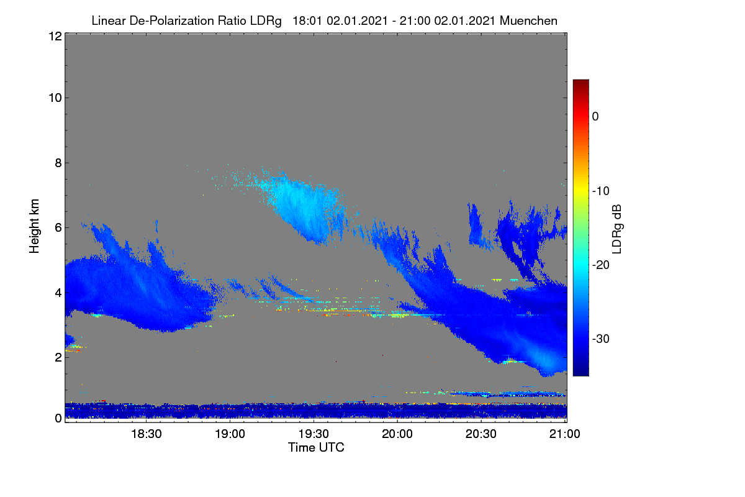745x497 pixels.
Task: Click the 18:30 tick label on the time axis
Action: [x=146, y=434]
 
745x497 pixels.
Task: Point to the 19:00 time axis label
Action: [x=230, y=434]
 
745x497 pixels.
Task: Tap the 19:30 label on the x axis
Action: [x=314, y=434]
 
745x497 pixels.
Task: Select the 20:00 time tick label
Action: [x=397, y=434]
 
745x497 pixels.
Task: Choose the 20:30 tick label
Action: [x=481, y=434]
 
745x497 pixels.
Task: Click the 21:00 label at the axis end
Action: [x=565, y=434]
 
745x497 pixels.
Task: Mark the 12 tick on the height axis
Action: [x=55, y=36]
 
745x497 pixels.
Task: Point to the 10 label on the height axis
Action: [x=55, y=98]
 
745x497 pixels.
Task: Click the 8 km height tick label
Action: [x=58, y=163]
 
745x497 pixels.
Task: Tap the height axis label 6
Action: [x=58, y=228]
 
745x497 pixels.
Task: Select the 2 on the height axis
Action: [x=58, y=357]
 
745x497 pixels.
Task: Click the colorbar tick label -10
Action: [x=601, y=191]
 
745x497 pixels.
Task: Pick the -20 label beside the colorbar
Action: [x=601, y=265]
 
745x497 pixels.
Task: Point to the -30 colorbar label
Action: [x=601, y=339]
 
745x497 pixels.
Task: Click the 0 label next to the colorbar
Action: [x=595, y=117]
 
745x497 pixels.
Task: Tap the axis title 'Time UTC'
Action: [x=316, y=447]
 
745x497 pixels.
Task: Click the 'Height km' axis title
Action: [x=34, y=226]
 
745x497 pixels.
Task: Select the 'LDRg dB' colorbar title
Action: [x=616, y=229]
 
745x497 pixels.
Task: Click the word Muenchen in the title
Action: [x=528, y=21]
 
